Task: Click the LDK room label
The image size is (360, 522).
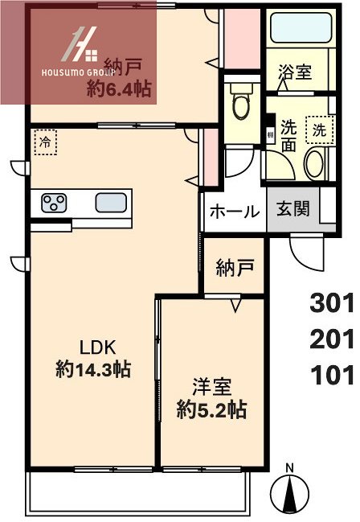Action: click(97, 347)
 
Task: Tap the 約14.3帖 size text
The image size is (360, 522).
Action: click(94, 370)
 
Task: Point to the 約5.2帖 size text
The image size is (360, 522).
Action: click(211, 409)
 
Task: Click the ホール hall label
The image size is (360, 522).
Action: click(234, 212)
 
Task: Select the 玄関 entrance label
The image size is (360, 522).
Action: click(293, 211)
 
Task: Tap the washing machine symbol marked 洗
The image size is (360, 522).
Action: click(320, 129)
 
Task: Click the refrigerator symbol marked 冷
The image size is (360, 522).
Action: click(46, 142)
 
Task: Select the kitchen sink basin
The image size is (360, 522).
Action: click(109, 202)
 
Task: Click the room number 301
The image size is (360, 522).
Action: click(332, 303)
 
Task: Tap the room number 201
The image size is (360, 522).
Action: click(332, 339)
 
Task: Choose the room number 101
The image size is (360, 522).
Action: click(332, 375)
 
